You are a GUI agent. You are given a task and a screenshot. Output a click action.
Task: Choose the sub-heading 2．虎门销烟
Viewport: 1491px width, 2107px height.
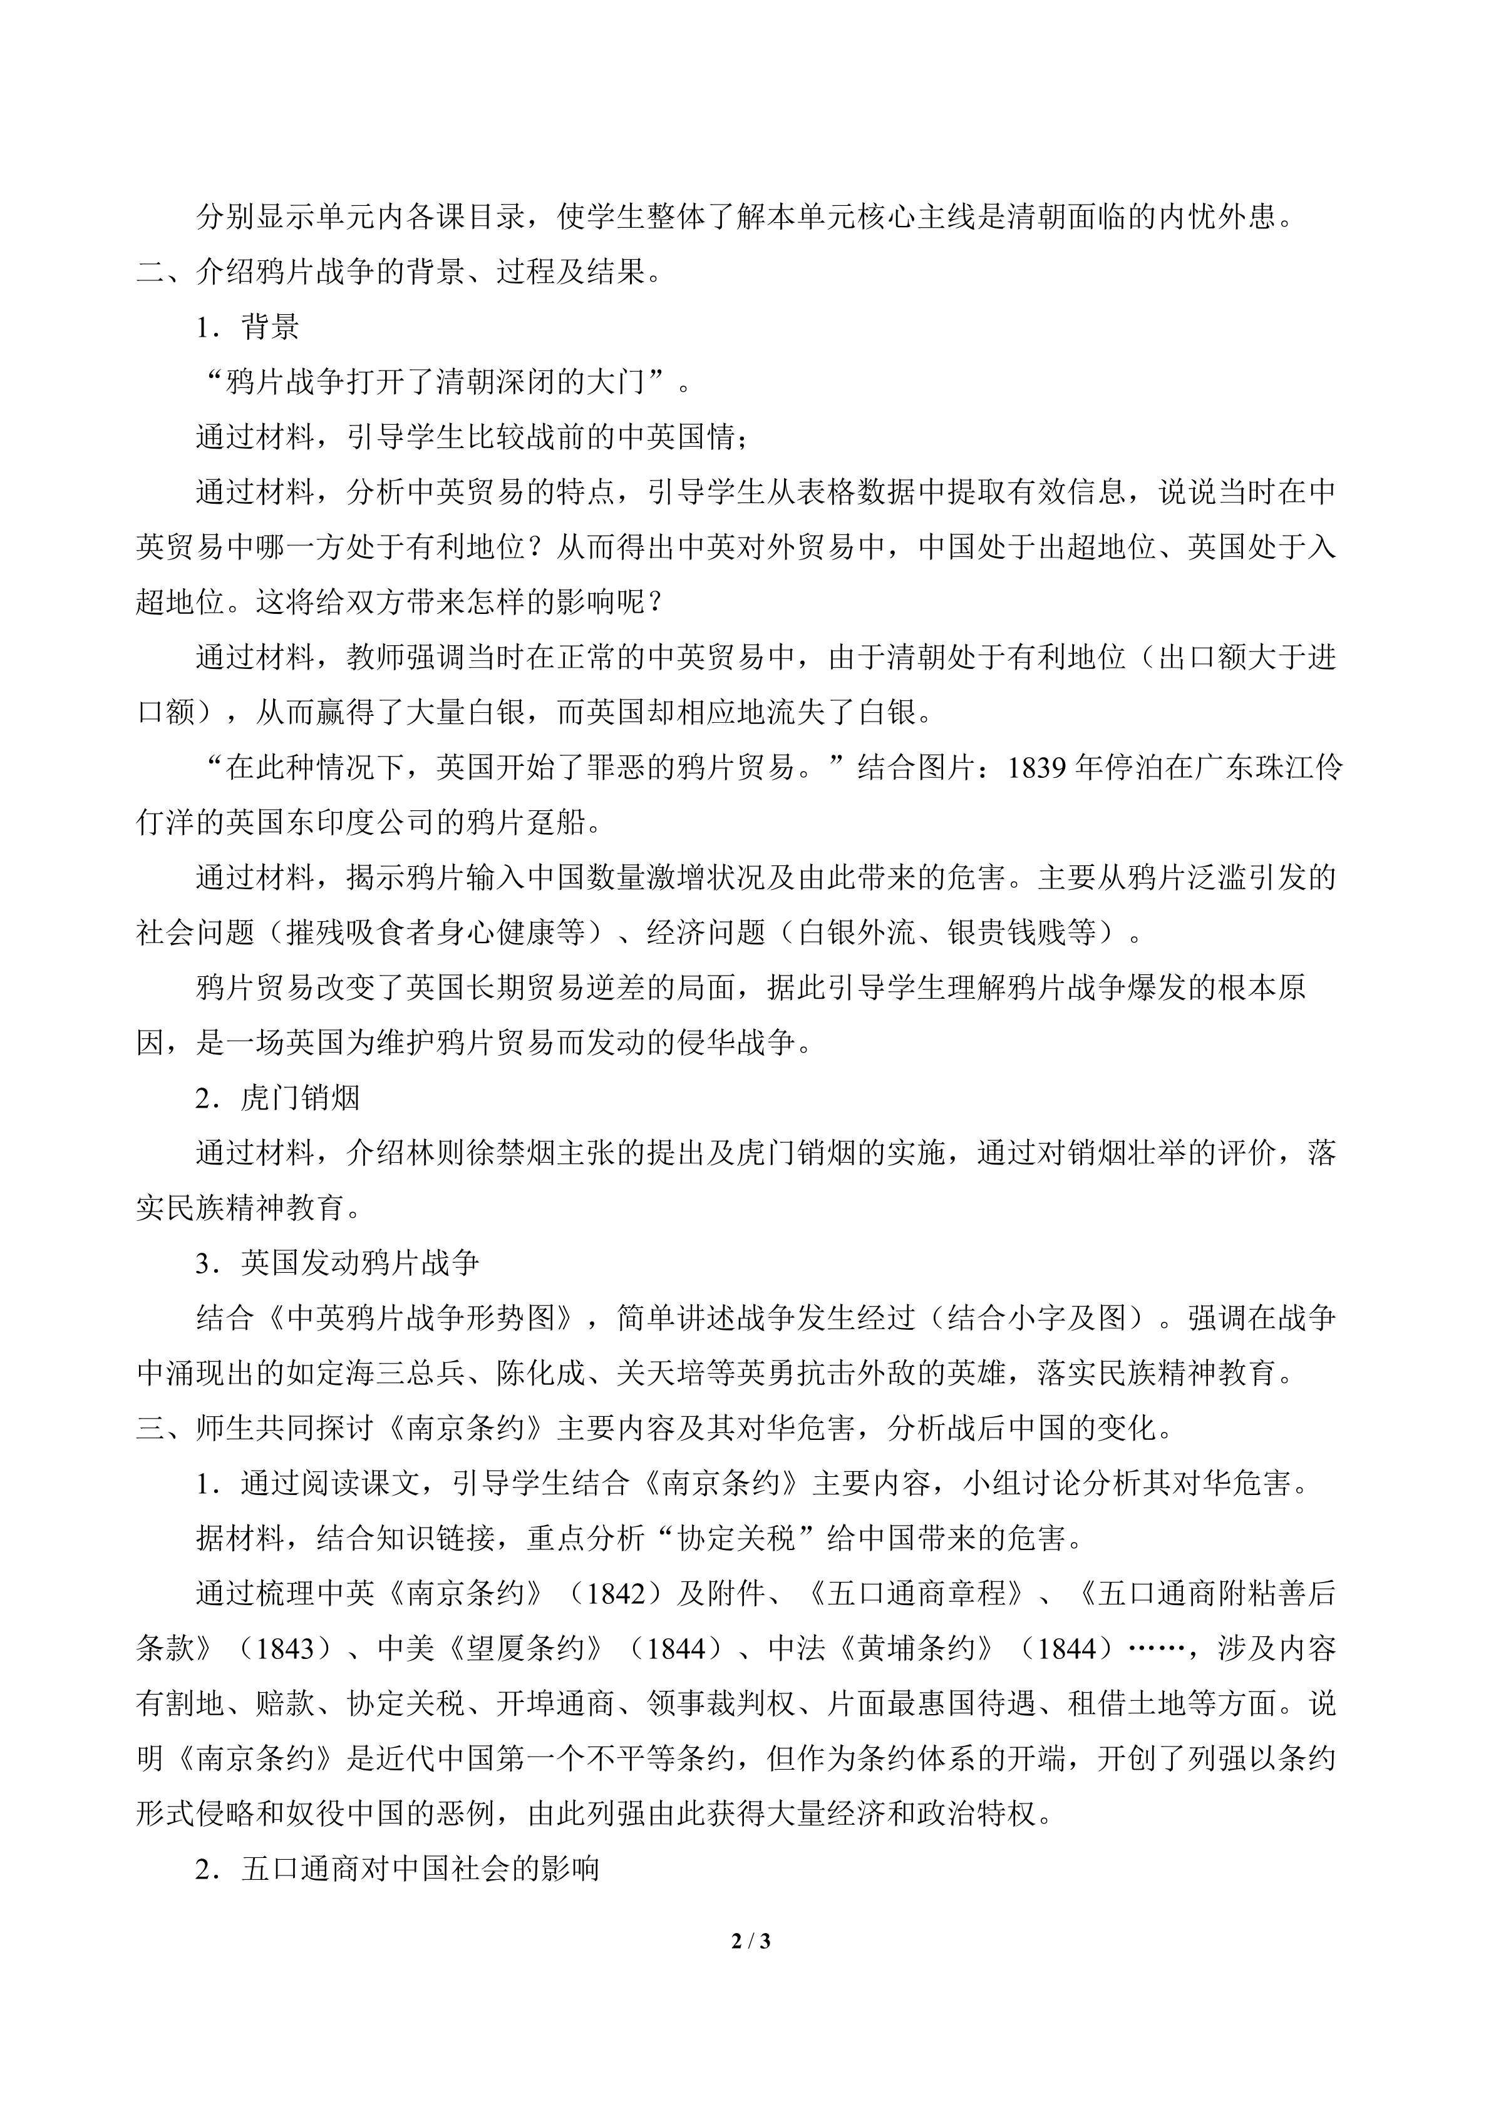click(x=277, y=1098)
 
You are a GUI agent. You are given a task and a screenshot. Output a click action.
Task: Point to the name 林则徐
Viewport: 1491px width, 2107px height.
click(x=450, y=1153)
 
